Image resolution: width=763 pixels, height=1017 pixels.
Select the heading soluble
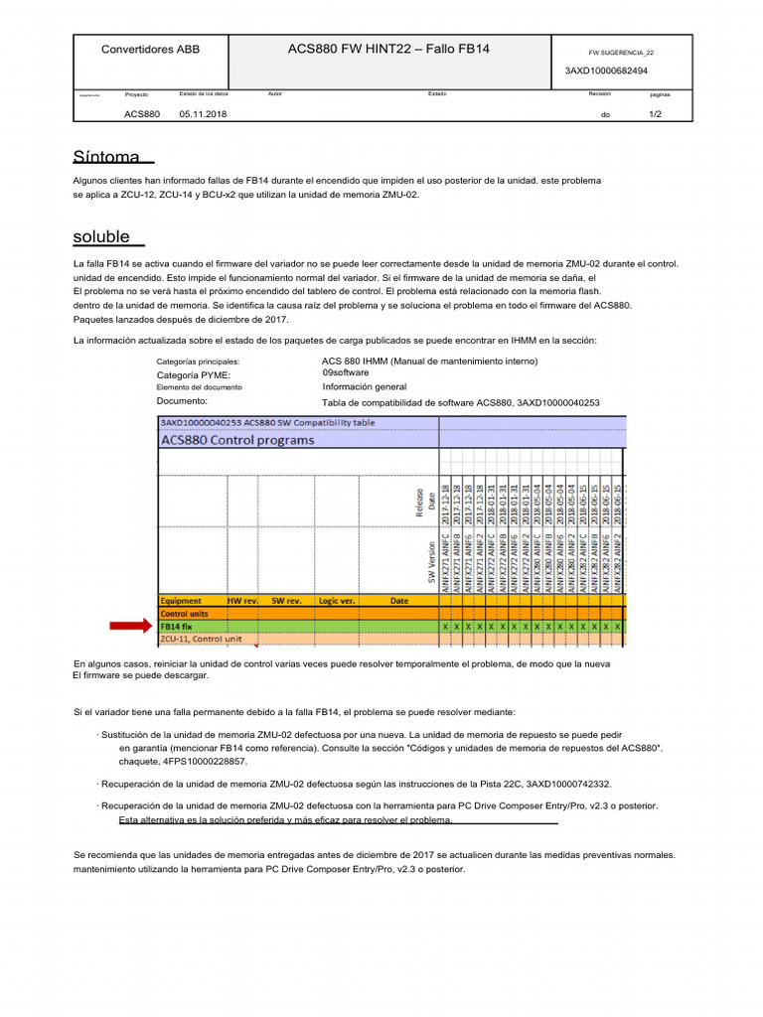coord(101,236)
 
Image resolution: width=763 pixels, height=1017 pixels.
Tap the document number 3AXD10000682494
coord(606,72)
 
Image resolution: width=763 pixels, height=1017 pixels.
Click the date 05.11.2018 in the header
coord(203,114)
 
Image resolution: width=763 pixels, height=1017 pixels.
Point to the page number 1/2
coord(655,114)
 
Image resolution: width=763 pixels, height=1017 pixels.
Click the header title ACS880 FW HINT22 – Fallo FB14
coord(388,49)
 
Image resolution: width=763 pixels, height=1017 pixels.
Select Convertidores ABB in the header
coord(151,49)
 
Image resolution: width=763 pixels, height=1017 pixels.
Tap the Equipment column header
coord(182,601)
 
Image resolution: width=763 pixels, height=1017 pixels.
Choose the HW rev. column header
coord(242,601)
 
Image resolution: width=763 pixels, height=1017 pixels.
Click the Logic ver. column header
coord(337,601)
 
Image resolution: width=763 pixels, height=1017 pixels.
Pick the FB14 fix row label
coord(177,627)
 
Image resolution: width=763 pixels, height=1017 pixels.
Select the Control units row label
coord(185,614)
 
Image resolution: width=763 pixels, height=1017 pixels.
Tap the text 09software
coord(345,372)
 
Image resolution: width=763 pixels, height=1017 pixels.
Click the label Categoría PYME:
coord(194,375)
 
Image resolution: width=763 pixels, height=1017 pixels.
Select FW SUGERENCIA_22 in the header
coord(621,53)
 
